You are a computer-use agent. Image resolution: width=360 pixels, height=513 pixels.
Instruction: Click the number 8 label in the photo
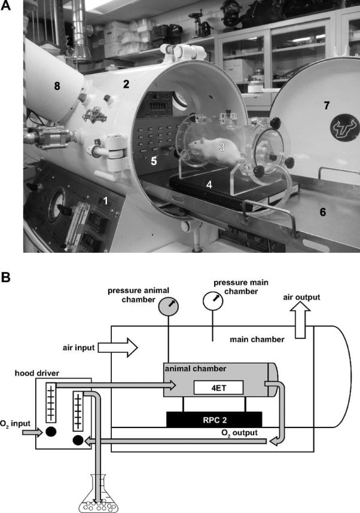pyautogui.click(x=57, y=86)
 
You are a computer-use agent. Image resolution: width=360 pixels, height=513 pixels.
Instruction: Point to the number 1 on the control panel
pyautogui.click(x=105, y=201)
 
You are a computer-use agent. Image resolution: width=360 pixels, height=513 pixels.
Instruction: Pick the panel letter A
pyautogui.click(x=7, y=8)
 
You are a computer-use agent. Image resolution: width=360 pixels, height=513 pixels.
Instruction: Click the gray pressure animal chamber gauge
pyautogui.click(x=169, y=308)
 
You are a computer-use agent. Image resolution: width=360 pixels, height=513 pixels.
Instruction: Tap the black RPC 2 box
pyautogui.click(x=213, y=420)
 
